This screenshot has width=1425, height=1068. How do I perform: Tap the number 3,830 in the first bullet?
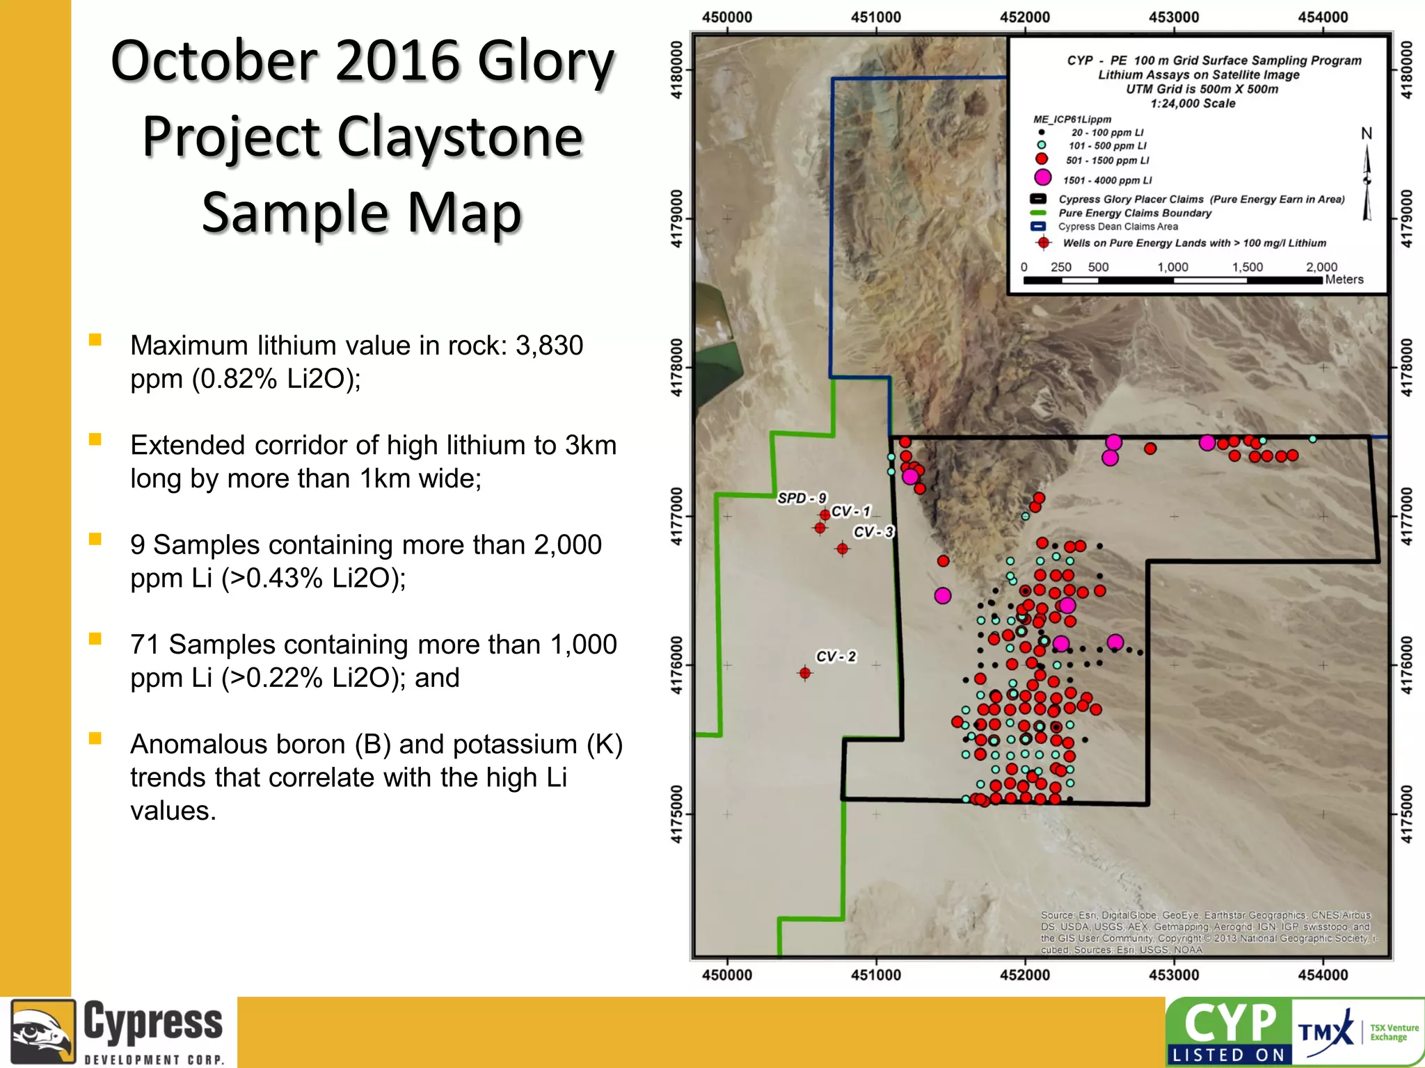click(548, 346)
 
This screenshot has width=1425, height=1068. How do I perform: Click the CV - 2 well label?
click(836, 656)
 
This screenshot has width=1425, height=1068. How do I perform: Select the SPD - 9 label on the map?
click(802, 498)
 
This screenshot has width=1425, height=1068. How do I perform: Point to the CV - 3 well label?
click(873, 532)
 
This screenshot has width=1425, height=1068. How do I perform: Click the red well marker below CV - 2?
click(805, 673)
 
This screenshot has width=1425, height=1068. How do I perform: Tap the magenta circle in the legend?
click(1042, 178)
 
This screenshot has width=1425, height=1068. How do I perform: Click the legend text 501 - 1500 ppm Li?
click(1107, 161)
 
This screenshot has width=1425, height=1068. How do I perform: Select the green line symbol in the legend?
click(1038, 213)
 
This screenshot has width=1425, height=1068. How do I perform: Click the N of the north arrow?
click(1367, 133)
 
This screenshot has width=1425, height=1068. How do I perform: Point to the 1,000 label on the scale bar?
click(1172, 267)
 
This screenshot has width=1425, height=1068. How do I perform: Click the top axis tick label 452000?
click(1024, 17)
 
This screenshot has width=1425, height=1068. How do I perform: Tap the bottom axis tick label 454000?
click(1322, 975)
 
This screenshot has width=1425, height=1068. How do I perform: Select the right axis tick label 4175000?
click(1406, 814)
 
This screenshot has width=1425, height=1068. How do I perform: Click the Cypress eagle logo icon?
click(42, 1032)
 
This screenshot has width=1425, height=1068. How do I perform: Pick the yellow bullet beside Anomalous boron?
click(95, 738)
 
